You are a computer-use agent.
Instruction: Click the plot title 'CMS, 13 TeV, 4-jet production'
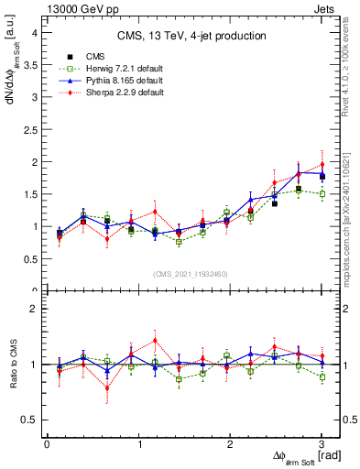(191, 36)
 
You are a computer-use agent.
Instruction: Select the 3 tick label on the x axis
(322, 444)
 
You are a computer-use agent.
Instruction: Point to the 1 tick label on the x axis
(139, 444)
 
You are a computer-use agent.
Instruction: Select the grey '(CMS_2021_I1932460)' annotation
(191, 274)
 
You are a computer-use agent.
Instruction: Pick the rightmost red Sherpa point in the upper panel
(322, 165)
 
